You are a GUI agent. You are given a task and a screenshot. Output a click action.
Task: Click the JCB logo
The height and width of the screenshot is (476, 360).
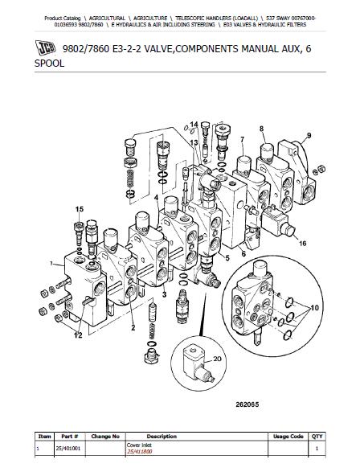pyautogui.click(x=46, y=47)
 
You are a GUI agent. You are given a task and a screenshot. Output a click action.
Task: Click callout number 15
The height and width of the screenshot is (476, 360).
pyautogui.click(x=80, y=209)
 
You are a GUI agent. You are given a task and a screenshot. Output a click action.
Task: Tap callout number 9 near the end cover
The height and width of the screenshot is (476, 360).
pyautogui.click(x=309, y=135)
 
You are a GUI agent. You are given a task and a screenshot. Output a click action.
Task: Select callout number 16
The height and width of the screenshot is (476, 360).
pyautogui.click(x=302, y=243)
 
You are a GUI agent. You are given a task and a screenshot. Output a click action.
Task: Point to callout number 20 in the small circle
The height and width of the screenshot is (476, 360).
pyautogui.click(x=217, y=359)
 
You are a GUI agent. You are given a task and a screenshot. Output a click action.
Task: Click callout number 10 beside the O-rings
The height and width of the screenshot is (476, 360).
pyautogui.click(x=315, y=308)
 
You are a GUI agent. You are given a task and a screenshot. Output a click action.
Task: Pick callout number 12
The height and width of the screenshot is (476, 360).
pyautogui.click(x=78, y=335)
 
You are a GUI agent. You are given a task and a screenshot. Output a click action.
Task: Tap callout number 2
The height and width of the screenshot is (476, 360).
pyautogui.click(x=133, y=327)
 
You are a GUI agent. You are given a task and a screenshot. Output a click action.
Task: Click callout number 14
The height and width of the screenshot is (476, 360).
pyautogui.click(x=194, y=125)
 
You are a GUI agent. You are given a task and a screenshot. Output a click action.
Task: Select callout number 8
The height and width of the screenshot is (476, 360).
pyautogui.click(x=261, y=129)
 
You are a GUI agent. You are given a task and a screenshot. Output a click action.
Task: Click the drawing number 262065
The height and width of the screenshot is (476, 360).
pyautogui.click(x=247, y=404)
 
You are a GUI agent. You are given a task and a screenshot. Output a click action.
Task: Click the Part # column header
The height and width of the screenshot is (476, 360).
pyautogui.click(x=69, y=437)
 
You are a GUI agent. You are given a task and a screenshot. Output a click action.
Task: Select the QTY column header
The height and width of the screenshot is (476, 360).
pyautogui.click(x=317, y=437)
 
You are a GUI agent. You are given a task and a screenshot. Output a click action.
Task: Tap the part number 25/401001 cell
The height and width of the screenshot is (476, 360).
pyautogui.click(x=68, y=448)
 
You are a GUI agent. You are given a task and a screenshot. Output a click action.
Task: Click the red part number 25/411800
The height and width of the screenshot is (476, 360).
pyautogui.click(x=140, y=451)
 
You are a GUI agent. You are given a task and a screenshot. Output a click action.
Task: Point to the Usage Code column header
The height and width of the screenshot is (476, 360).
pyautogui.click(x=288, y=437)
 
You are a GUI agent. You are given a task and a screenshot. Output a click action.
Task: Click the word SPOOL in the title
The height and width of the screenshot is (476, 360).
pyautogui.click(x=50, y=64)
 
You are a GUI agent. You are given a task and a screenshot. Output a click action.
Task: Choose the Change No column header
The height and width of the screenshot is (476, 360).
pyautogui.click(x=105, y=437)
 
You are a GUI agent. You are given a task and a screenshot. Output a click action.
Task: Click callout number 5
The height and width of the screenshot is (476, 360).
pyautogui.click(x=227, y=258)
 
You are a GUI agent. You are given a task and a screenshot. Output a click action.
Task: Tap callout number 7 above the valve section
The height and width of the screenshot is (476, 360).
pyautogui.click(x=242, y=140)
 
